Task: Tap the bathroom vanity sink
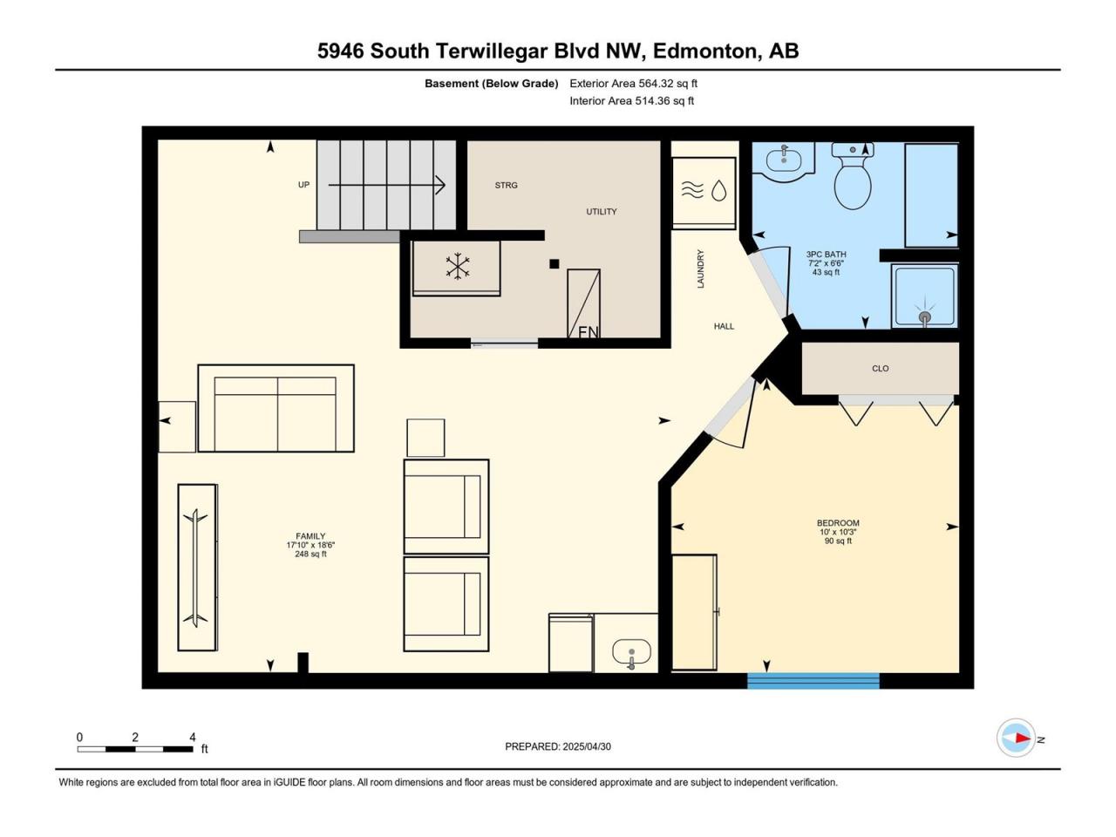pos(784,159)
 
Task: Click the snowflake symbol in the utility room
pos(458,266)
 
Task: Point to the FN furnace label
pos(589,332)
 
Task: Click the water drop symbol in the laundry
pos(718,191)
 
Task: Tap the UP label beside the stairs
pos(303,185)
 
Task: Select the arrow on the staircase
pos(387,185)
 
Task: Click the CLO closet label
pos(880,369)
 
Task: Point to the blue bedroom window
pos(813,681)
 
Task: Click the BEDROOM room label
pos(838,523)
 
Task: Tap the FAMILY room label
pos(310,535)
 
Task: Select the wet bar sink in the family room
pos(631,652)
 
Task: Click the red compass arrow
pos(1021,738)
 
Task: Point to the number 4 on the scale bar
pos(192,737)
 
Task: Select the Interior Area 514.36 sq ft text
pos(631,100)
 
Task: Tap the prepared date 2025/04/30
pos(586,746)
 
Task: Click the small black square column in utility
pos(555,264)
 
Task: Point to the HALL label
pos(724,326)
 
